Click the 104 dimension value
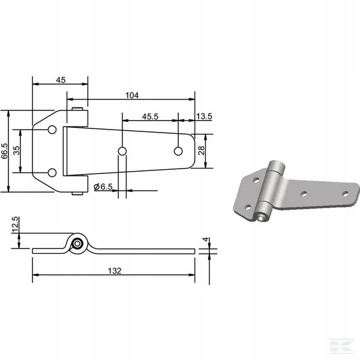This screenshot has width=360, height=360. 132,95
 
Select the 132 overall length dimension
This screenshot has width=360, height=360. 115,271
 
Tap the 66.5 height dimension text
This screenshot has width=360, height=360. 5,151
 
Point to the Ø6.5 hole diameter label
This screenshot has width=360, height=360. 103,187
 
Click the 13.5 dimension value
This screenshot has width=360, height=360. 204,116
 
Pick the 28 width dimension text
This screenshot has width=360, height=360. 201,151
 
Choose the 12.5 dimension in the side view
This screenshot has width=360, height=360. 15,225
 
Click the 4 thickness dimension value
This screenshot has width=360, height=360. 206,239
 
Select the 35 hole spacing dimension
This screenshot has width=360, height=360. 16,151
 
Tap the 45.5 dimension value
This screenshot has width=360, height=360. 150,116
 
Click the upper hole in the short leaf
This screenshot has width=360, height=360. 52,130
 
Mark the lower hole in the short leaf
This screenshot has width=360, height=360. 52,173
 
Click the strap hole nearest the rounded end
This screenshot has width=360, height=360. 178,151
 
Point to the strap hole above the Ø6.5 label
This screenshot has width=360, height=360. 122,151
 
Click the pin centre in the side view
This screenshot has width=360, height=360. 77,244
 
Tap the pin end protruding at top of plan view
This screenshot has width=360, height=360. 77,109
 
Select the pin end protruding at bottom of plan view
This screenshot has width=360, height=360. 77,194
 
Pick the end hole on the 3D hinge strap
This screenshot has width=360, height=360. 345,194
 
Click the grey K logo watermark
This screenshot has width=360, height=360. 342,346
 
